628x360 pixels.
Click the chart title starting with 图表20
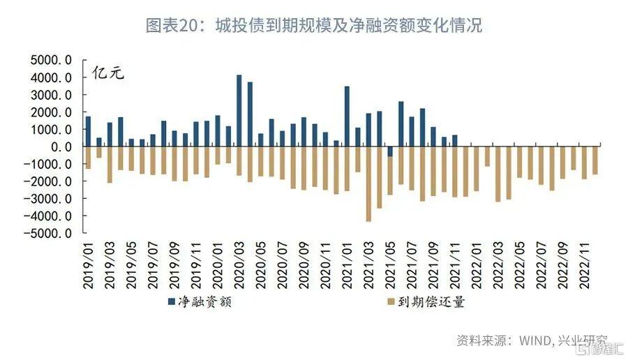pyautogui.click(x=313, y=27)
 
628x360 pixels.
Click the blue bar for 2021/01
pyautogui.click(x=347, y=116)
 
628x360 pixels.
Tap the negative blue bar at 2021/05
pyautogui.click(x=390, y=151)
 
